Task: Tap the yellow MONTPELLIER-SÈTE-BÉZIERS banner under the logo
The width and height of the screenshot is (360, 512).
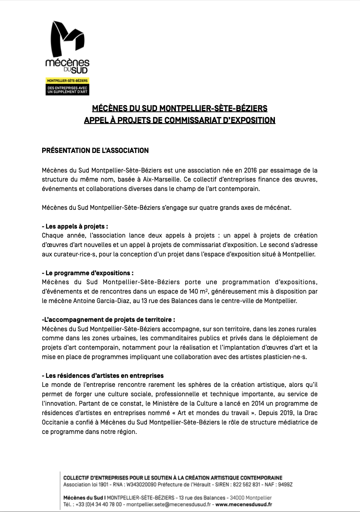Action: point(67,81)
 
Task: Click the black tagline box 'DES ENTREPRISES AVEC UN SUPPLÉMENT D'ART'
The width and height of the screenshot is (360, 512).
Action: point(67,90)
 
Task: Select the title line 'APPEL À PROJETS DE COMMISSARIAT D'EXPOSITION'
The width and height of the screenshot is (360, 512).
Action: point(180,120)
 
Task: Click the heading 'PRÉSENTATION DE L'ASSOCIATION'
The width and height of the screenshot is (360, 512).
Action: point(95,150)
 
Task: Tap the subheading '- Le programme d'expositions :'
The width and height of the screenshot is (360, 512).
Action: point(88,273)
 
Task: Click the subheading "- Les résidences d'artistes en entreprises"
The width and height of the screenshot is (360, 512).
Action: point(103,375)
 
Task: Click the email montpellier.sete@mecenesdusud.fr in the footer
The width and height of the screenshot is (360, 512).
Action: point(169,505)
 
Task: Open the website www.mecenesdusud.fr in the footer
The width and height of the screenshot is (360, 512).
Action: point(244,505)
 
